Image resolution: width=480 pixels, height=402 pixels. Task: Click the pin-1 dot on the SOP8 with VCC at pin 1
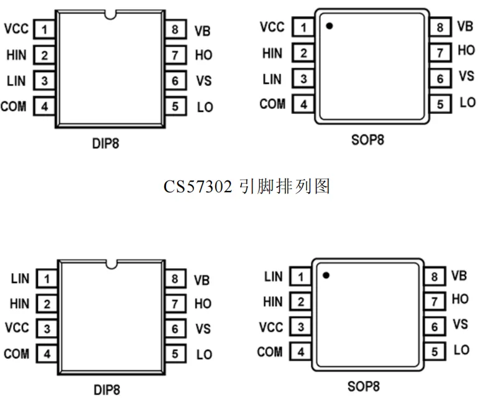point(330,26)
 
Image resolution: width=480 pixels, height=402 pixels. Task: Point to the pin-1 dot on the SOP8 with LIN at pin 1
point(326,274)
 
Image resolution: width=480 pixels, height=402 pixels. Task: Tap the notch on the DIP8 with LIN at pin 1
point(111,265)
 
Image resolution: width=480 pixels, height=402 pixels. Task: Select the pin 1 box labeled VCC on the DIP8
point(44,29)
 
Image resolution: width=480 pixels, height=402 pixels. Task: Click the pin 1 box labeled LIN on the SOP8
point(301,276)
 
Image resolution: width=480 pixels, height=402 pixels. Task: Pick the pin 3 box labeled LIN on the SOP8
point(303,79)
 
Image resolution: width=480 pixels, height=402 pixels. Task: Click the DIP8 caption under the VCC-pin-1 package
point(106,144)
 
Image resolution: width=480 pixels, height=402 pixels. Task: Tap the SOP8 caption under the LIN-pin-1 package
point(364,386)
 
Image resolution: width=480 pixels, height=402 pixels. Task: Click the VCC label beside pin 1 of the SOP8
point(272,27)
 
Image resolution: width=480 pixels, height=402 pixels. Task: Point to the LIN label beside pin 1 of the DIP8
point(20,279)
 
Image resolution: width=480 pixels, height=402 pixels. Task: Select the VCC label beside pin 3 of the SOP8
point(270,327)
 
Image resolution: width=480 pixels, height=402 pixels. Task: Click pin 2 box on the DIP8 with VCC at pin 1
point(44,55)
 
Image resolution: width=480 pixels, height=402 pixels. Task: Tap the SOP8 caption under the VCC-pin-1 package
point(368,139)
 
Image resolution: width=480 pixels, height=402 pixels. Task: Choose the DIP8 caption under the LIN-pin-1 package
point(106,390)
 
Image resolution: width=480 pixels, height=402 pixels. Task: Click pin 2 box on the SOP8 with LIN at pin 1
point(301,302)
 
